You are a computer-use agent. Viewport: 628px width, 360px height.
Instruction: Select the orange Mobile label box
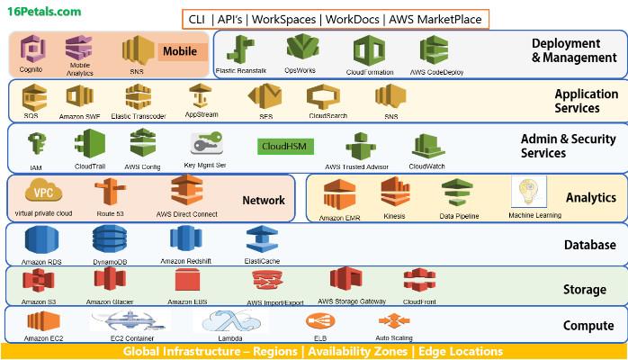tap(178, 51)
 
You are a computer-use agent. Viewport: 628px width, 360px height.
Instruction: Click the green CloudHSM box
tap(285, 146)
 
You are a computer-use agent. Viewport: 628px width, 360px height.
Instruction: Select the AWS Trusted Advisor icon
tap(359, 146)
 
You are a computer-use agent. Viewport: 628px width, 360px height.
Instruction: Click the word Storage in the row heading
tap(584, 290)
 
